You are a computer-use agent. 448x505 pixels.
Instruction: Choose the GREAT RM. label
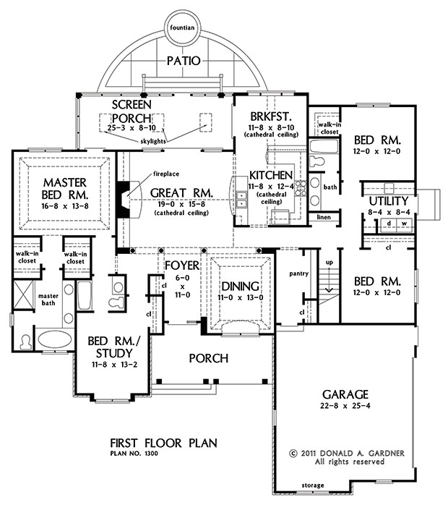pos(181,192)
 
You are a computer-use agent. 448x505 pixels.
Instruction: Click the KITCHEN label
pos(271,176)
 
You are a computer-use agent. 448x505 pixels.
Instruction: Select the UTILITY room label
pos(388,200)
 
